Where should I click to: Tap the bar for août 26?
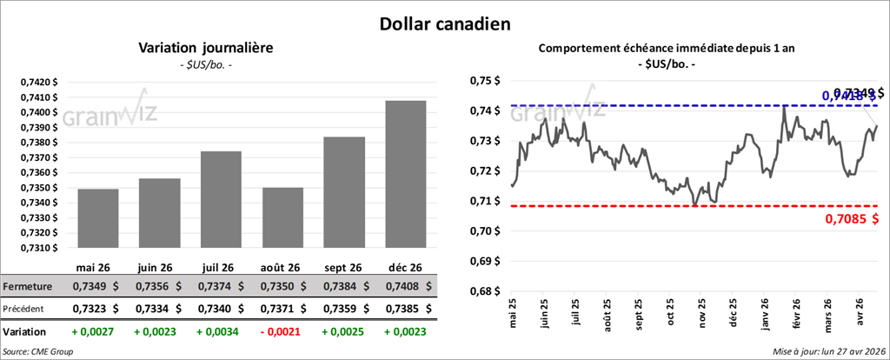click(x=282, y=217)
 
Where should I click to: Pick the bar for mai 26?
click(x=97, y=218)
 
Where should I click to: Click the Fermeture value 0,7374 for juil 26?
click(x=221, y=286)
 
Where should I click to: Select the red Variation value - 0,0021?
click(x=282, y=331)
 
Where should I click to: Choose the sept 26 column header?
click(x=344, y=267)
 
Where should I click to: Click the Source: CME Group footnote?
click(x=37, y=351)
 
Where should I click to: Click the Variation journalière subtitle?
click(x=206, y=48)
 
